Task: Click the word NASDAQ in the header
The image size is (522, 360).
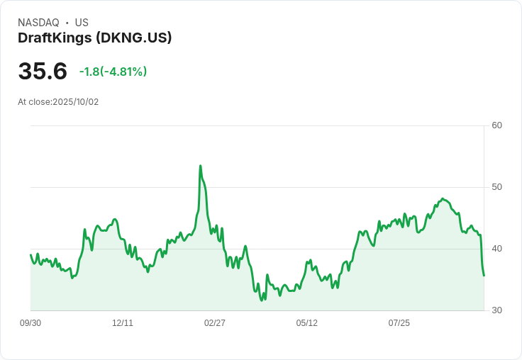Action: (38, 23)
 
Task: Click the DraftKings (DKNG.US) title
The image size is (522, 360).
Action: (95, 38)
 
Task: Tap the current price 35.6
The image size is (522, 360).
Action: (43, 72)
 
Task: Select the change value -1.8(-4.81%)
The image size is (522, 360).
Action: (113, 72)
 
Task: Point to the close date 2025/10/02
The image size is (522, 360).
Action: (76, 102)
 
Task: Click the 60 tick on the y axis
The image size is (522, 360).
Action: (497, 125)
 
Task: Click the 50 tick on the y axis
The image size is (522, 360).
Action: (497, 187)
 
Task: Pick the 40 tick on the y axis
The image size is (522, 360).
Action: (497, 249)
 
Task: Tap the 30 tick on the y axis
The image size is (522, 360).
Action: (497, 310)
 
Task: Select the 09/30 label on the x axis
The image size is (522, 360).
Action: (30, 323)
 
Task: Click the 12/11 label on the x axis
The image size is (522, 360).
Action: (123, 323)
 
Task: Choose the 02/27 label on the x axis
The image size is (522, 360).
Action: (215, 323)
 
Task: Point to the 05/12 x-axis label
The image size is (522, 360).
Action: (307, 323)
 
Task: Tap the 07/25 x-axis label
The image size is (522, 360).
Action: (399, 323)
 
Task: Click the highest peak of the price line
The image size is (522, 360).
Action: (201, 166)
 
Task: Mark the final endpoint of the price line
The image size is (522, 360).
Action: (484, 276)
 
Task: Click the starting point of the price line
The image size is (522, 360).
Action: (30, 255)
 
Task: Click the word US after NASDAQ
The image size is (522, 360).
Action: (82, 23)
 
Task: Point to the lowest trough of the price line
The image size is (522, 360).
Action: (262, 300)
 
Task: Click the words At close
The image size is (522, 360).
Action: (34, 102)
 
